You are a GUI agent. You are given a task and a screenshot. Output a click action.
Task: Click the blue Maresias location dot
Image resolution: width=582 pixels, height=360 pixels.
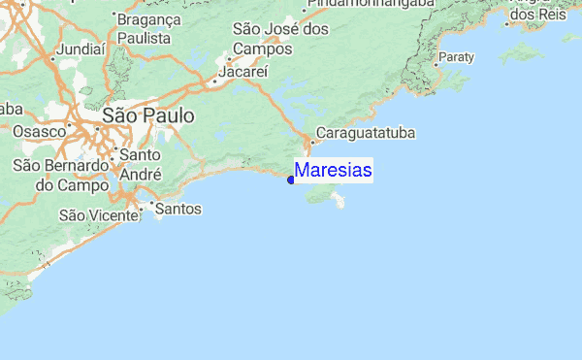[x=291, y=179]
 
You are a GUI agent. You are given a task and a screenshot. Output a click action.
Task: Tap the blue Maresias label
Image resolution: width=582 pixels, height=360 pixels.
[x=333, y=171]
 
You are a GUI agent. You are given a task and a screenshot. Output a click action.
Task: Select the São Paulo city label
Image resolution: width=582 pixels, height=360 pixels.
[x=147, y=115]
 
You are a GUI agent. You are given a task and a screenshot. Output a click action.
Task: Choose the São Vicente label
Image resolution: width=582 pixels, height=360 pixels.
[x=98, y=214]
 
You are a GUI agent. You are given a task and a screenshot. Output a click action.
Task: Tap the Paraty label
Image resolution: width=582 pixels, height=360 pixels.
[x=456, y=57]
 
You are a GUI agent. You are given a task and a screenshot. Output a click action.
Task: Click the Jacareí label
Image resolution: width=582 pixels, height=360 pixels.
[x=242, y=72]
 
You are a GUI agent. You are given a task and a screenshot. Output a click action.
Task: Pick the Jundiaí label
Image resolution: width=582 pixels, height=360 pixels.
[x=81, y=47]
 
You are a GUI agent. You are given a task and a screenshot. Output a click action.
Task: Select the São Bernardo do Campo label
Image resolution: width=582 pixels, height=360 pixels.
[x=60, y=174]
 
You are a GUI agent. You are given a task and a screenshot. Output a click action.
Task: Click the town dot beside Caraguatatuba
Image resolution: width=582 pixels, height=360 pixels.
[x=309, y=137]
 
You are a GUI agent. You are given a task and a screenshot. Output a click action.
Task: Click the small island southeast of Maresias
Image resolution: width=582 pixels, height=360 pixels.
[x=339, y=201]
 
